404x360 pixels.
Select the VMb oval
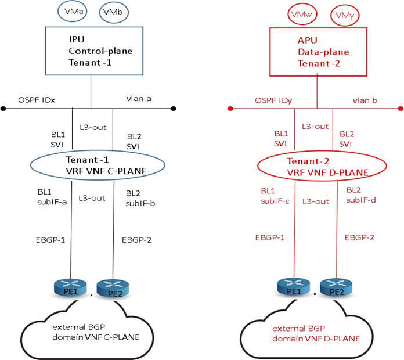coord(109,12)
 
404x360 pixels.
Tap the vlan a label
coord(139,99)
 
